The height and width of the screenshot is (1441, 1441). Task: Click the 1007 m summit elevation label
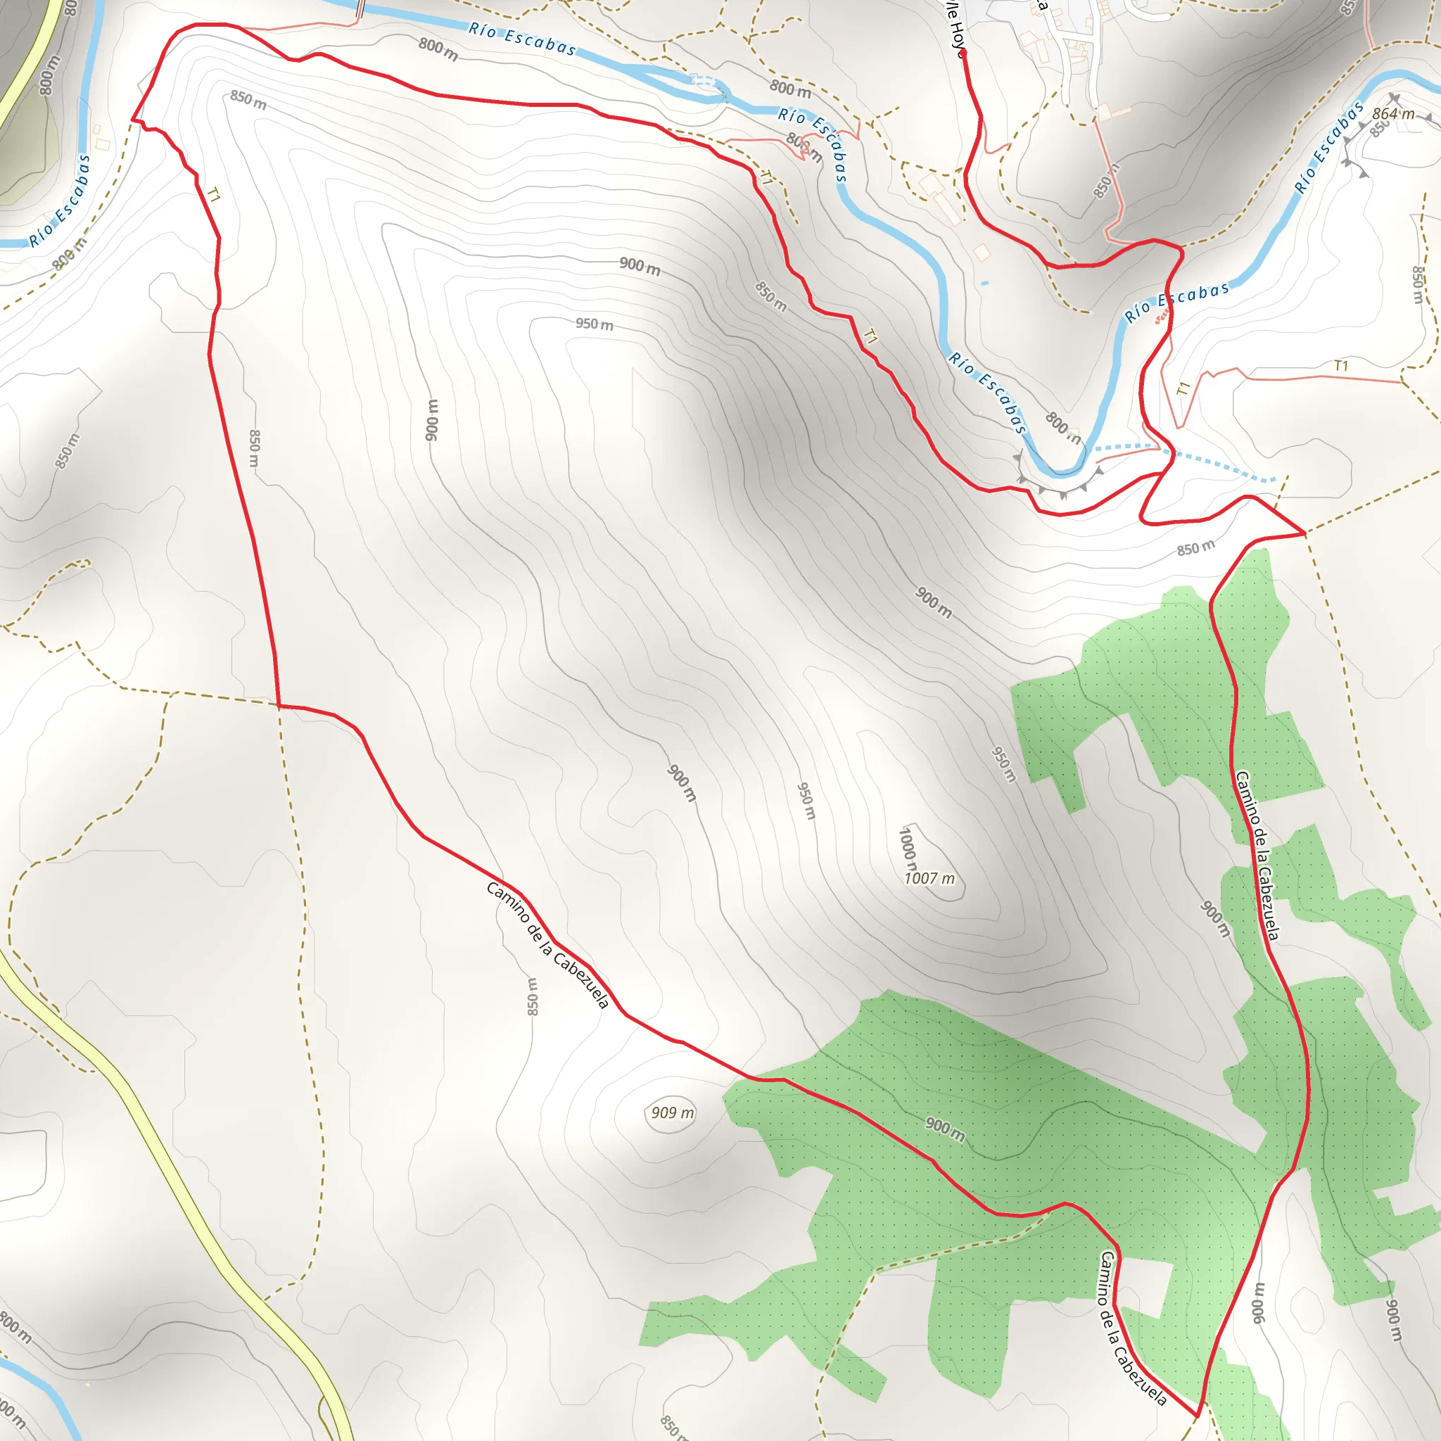click(929, 879)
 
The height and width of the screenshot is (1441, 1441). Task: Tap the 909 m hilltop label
click(672, 1113)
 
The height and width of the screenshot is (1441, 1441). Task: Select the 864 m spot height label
click(1393, 113)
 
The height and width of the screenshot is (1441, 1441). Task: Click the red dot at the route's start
click(963, 53)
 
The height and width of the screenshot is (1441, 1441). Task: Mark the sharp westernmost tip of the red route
click(134, 119)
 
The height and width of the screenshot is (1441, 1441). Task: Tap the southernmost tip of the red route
click(1196, 1414)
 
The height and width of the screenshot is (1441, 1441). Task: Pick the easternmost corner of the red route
click(1304, 533)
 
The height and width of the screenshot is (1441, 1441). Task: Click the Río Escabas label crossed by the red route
click(1176, 301)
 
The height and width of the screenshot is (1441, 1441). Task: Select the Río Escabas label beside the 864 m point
click(1328, 147)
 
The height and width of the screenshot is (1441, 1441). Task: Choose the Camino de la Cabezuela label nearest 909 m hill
click(547, 944)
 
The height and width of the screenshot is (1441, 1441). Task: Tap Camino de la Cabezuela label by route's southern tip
click(1131, 1328)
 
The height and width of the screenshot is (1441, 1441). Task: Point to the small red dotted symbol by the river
click(1160, 319)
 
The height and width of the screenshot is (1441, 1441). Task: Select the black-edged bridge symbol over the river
click(360, 9)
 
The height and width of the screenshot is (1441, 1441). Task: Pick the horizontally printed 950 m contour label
click(595, 324)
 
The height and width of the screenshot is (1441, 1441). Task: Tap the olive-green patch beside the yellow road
click(26, 149)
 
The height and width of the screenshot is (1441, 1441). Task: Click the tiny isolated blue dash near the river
click(984, 283)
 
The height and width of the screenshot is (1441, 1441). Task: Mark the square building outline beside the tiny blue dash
click(982, 253)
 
